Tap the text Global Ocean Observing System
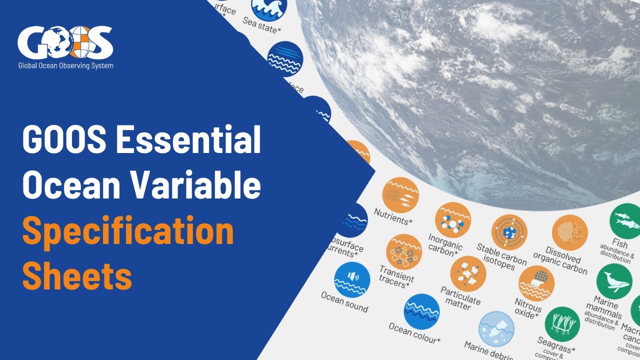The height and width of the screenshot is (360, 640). pos(65,65)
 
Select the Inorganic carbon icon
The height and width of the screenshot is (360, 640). pos(453,220)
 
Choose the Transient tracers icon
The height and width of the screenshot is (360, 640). pos(404,251)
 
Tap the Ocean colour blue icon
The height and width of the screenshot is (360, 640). pos(421,311)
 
